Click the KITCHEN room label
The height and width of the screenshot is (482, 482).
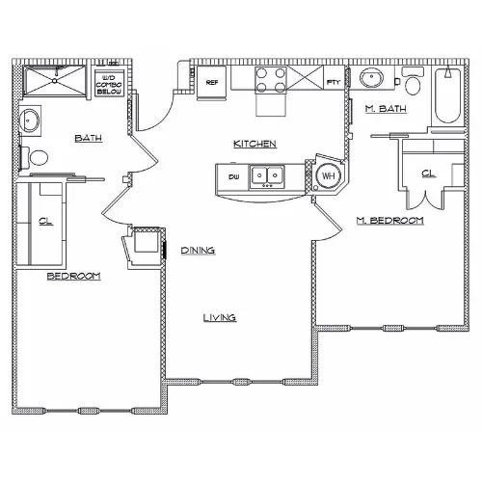pos(254,144)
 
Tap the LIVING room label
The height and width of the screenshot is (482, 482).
pos(220,318)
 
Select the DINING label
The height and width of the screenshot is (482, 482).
pos(198,251)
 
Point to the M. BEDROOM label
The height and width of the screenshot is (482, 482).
pos(390,221)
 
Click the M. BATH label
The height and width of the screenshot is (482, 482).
pos(386,109)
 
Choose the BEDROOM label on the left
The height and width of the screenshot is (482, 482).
pos(74,276)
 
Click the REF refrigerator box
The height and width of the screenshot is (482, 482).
pos(212,83)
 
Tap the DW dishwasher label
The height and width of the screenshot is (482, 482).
pos(233,177)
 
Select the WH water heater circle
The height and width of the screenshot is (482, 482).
pos(328,175)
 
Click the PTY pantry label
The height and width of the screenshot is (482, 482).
pos(334,82)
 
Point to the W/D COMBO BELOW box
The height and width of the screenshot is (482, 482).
pos(109,84)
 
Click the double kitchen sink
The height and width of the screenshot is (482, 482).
pos(267,176)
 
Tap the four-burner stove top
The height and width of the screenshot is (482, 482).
pos(271,80)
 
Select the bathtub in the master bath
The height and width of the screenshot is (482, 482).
pos(448,96)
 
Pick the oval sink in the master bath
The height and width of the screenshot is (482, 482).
pos(372,77)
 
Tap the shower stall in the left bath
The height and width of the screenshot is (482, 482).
pos(55,81)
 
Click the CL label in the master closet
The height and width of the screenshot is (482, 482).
pos(428,174)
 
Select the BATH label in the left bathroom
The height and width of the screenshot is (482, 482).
pos(89,139)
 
